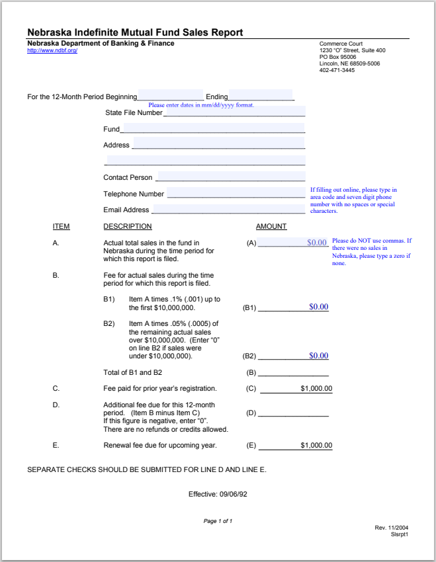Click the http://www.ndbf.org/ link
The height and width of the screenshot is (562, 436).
(x=52, y=51)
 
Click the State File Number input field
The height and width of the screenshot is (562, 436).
(x=234, y=112)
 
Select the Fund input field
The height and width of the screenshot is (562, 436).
(x=213, y=128)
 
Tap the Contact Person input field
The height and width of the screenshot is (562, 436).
(x=230, y=177)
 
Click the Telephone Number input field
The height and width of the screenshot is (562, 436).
(x=236, y=193)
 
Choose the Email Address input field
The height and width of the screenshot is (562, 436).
(x=229, y=209)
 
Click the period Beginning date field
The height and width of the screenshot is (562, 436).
(x=171, y=95)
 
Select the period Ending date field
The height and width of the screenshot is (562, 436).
(x=261, y=95)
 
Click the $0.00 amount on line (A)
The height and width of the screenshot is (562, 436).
(x=317, y=243)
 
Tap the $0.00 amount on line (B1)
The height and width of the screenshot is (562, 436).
(x=318, y=307)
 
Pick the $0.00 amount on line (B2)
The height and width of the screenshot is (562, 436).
(x=318, y=356)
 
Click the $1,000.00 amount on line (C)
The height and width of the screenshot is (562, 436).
(x=316, y=389)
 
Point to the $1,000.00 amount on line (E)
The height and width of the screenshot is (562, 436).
(x=316, y=446)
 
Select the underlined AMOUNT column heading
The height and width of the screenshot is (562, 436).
(x=271, y=227)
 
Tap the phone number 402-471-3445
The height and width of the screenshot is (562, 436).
(x=337, y=70)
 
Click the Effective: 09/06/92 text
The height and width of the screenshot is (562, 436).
(x=218, y=494)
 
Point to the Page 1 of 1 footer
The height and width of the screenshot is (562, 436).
(x=218, y=521)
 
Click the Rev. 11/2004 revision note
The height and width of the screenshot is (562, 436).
(x=392, y=528)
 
